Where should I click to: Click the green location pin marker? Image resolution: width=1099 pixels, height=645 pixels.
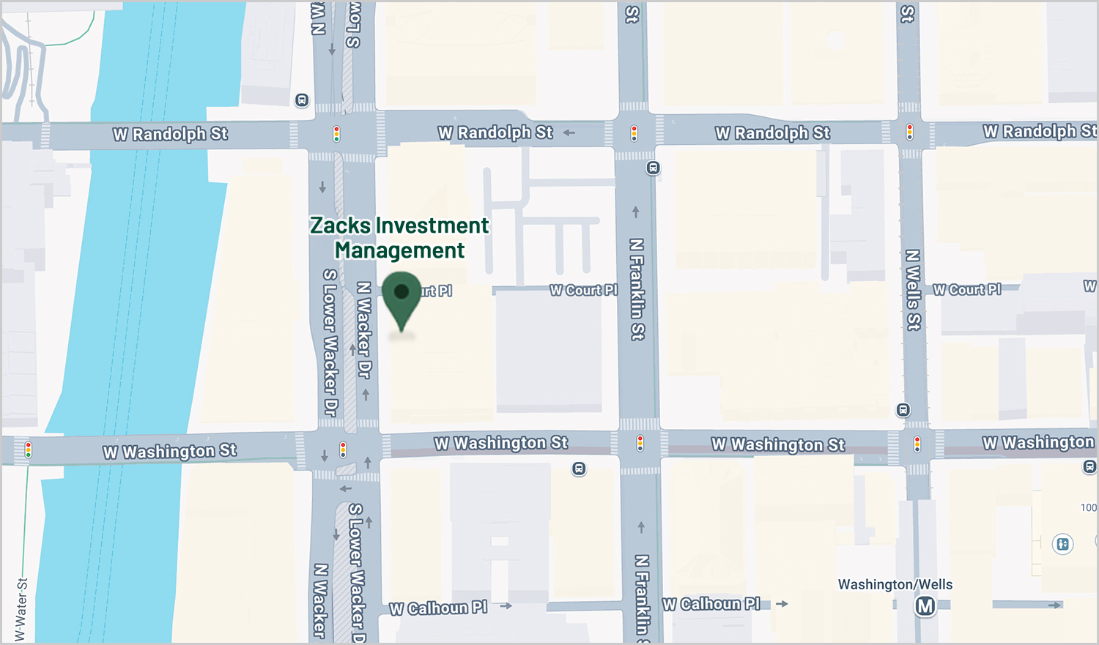(x=402, y=297)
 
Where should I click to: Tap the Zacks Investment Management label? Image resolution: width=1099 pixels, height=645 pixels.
(x=399, y=238)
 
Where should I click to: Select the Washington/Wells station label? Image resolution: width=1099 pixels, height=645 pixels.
(x=895, y=584)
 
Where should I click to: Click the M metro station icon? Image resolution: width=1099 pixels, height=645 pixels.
(x=925, y=606)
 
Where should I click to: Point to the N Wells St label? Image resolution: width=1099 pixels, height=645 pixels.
(x=913, y=290)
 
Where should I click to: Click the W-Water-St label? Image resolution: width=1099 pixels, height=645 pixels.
(x=21, y=609)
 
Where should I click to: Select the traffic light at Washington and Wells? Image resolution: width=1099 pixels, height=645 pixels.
(x=917, y=444)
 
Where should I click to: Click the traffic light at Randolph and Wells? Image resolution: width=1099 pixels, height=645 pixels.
(x=909, y=133)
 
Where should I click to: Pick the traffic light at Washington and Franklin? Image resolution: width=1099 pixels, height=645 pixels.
(x=640, y=443)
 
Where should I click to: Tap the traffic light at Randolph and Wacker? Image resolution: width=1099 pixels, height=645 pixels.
(x=337, y=134)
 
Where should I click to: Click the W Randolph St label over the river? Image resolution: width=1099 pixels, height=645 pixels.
(x=170, y=134)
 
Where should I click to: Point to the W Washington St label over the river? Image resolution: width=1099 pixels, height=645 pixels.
(x=169, y=452)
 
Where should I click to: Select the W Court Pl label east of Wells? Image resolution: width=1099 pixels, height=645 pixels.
(x=966, y=290)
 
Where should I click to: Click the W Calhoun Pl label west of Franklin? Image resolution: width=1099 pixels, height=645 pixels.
(x=438, y=608)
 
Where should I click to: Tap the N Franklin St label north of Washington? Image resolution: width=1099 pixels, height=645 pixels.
(x=637, y=288)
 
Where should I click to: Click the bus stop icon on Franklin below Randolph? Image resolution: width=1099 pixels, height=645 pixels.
(x=653, y=168)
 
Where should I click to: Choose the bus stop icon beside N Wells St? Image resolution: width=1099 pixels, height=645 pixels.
(x=903, y=410)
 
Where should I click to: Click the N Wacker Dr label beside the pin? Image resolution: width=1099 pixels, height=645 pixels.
(x=363, y=329)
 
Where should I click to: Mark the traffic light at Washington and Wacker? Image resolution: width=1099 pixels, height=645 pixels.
(x=343, y=449)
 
